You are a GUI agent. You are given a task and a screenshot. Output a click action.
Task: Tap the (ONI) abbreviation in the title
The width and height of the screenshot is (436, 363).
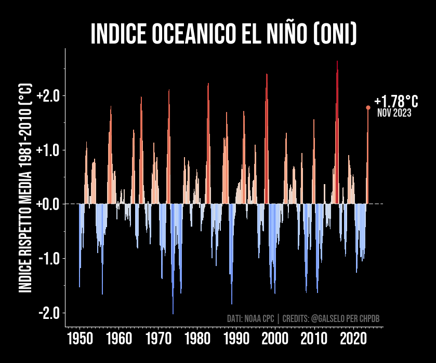335,34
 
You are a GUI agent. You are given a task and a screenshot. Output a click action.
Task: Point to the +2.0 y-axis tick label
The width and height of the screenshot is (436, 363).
48,96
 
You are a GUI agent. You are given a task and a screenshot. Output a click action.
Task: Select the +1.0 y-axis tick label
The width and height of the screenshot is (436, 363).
48,150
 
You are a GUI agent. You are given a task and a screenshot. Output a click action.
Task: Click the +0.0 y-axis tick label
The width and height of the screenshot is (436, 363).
48,204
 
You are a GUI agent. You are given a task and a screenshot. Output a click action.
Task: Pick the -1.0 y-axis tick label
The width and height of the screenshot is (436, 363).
49,259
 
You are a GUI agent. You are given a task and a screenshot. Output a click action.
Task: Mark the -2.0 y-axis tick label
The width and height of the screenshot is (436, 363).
49,313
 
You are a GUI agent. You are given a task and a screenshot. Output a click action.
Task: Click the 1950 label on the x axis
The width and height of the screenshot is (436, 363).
80,339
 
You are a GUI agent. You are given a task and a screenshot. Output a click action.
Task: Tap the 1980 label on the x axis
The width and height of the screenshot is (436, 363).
197,339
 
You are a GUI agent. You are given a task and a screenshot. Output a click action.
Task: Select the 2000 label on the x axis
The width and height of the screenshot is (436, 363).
275,339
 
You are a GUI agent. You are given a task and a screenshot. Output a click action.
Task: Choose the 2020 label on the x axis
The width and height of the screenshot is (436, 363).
353,339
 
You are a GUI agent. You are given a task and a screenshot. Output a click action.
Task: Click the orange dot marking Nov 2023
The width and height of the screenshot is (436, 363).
368,108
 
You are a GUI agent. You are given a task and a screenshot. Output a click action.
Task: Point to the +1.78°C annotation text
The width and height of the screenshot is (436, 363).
396,101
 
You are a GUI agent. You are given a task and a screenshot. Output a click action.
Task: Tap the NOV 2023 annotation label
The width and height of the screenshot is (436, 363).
394,113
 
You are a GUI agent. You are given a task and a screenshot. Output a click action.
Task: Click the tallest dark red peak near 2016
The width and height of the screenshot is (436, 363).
337,62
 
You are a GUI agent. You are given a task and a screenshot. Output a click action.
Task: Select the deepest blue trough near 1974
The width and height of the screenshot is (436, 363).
173,313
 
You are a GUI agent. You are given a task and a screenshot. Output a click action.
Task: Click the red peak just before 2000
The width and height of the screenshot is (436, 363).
267,75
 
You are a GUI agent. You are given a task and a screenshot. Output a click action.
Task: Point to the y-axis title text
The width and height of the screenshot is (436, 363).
25,188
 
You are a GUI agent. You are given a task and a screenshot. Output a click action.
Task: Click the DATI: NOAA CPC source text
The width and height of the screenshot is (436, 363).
250,318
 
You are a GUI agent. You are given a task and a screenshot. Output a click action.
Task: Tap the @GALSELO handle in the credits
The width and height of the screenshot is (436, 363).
328,318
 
